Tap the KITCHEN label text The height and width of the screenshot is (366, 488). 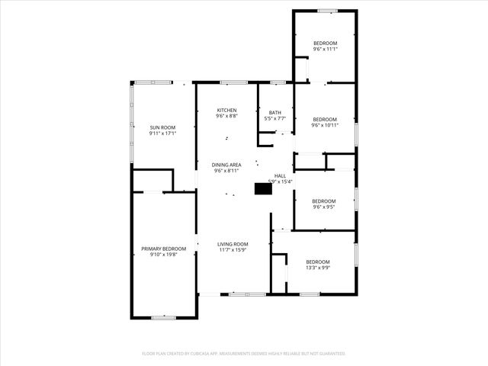tap(226, 110)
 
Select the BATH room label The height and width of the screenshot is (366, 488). tap(274, 113)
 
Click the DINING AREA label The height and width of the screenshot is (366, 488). tap(226, 165)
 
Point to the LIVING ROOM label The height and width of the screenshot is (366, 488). tap(233, 244)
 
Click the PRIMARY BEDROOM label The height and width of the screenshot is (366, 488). tap(163, 249)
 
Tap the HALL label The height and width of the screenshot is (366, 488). tap(280, 175)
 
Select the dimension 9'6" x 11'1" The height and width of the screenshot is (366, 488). tap(325, 49)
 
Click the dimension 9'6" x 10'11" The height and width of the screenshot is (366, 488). tap(325, 125)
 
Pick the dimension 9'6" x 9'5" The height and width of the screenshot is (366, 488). tap(324, 207)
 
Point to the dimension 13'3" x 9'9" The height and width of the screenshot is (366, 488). tap(318, 268)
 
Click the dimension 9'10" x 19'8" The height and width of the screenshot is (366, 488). tap(163, 255)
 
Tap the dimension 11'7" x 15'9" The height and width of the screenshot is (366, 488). tap(233, 250)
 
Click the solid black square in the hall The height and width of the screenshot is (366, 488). tap(263, 188)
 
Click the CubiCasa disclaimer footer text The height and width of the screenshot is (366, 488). tap(244, 354)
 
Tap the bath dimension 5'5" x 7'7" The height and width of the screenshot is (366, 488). tap(274, 119)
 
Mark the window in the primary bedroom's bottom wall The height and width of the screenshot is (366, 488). tap(162, 317)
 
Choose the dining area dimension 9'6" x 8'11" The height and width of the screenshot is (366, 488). tap(226, 172)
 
